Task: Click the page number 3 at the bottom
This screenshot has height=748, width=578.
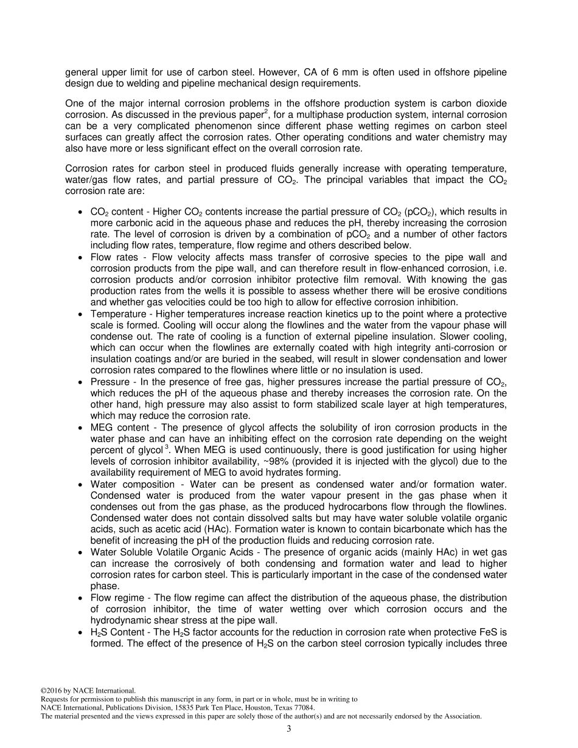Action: [x=289, y=729]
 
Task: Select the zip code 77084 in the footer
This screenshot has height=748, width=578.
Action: [x=303, y=708]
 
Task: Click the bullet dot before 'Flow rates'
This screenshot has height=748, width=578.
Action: [x=82, y=258]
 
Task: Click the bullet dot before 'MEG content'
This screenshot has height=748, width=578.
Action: [x=82, y=428]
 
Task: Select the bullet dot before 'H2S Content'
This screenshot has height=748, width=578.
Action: [x=82, y=632]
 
